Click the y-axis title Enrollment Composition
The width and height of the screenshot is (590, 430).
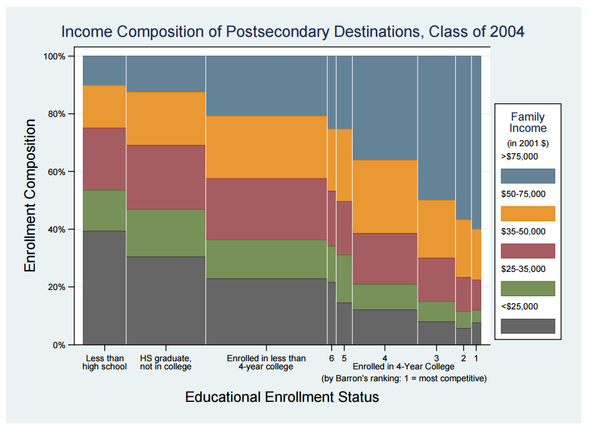tap(30, 196)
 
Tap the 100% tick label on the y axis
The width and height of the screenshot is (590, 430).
tap(55, 56)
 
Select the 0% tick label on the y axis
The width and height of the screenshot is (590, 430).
tap(60, 345)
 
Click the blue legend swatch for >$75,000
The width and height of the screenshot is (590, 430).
tap(528, 176)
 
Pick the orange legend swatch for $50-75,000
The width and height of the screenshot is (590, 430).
tap(528, 213)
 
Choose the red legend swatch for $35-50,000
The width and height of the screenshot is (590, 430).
tap(528, 251)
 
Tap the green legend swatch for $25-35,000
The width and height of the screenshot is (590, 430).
tap(528, 288)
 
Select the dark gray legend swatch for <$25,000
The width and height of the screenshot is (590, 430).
tap(528, 326)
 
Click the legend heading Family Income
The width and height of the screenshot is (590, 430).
tap(528, 122)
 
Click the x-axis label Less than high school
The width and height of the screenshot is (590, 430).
tap(104, 362)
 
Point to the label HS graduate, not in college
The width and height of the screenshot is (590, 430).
tap(165, 362)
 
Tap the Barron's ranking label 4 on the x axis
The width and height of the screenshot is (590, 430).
tap(385, 358)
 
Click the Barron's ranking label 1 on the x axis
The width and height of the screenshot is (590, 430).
tap(476, 358)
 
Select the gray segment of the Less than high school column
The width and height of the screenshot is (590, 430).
tap(104, 287)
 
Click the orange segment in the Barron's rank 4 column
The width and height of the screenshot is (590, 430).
tap(385, 197)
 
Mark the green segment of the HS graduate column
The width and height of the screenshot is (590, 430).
tap(165, 232)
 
